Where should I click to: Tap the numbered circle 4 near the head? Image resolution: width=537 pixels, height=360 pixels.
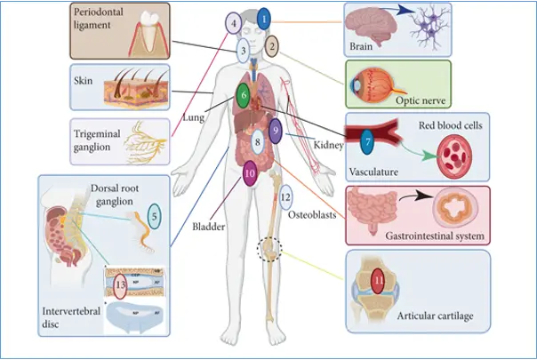pyautogui.click(x=234, y=23)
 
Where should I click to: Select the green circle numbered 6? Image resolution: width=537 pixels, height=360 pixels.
pyautogui.click(x=243, y=94)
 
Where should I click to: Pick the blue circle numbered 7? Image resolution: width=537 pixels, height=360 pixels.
pyautogui.click(x=366, y=140)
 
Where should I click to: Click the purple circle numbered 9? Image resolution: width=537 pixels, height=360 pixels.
pyautogui.click(x=276, y=132)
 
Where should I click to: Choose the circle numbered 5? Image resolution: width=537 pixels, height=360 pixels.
pyautogui.click(x=154, y=213)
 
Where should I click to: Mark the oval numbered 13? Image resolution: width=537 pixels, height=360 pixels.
pyautogui.click(x=121, y=287)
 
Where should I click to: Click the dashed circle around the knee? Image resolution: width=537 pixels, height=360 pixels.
pyautogui.click(x=270, y=248)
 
